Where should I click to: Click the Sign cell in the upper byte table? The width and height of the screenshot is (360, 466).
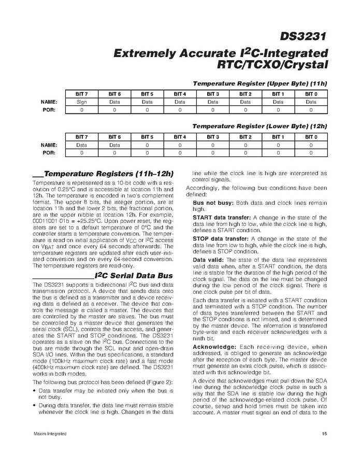click(81, 102)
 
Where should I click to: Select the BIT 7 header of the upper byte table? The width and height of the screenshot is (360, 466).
click(81, 94)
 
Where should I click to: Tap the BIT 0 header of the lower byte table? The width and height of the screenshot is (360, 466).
click(311, 136)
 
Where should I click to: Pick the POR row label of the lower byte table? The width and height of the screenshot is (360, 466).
click(49, 153)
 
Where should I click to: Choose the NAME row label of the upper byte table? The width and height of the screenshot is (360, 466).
click(49, 102)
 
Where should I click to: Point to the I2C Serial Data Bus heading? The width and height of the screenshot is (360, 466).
click(134, 275)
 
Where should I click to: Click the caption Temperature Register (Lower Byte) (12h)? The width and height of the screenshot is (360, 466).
click(260, 126)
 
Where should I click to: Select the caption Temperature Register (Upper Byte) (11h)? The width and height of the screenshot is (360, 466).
click(260, 83)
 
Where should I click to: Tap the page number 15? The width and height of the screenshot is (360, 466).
click(324, 433)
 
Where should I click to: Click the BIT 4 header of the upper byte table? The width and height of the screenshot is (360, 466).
click(180, 94)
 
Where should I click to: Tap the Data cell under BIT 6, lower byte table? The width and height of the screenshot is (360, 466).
click(114, 145)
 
